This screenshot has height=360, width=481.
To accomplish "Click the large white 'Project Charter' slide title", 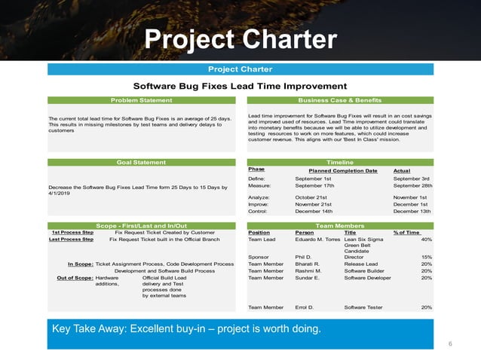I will (x=240, y=39).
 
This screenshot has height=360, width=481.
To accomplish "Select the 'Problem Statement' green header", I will (x=142, y=100).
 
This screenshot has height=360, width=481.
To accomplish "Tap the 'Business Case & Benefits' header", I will (x=340, y=100).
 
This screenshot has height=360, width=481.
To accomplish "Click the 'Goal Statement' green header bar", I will (x=142, y=162).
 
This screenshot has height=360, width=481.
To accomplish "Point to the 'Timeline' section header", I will (x=340, y=162).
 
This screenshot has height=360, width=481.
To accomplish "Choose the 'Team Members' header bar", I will (x=340, y=225).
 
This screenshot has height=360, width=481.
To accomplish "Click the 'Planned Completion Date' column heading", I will (x=343, y=171).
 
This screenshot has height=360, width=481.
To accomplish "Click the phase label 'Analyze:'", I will (x=259, y=197).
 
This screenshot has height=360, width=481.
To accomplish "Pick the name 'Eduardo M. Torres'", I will (x=317, y=239).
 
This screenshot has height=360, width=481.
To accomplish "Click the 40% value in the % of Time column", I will (x=426, y=239).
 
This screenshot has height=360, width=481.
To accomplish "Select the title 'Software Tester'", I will (x=363, y=307).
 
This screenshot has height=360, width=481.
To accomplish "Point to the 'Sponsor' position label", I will (x=258, y=257).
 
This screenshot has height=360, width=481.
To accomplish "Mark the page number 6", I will (x=450, y=343).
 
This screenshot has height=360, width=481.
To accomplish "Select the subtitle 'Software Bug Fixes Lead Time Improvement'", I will (x=240, y=87).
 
